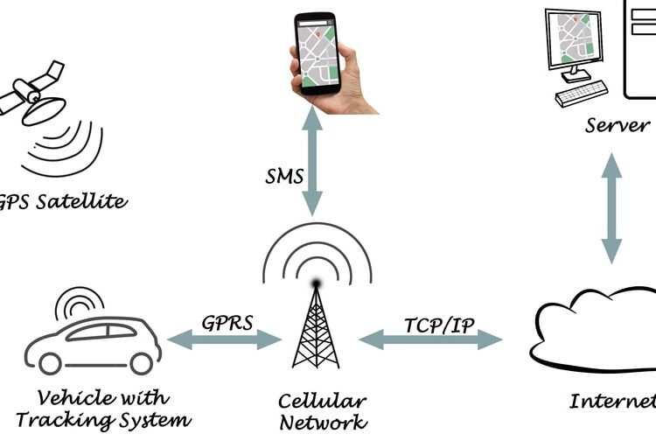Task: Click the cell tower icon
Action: coord(315,324)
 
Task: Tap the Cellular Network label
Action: coord(321,412)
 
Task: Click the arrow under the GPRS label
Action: coord(225,339)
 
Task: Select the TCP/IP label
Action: coord(439,325)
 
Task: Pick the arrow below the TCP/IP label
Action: coord(430,339)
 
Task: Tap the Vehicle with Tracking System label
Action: coord(103,409)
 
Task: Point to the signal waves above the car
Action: coord(79,303)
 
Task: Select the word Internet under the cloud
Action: coord(612,402)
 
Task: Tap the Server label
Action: coord(618,125)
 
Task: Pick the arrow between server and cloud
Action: coord(611,207)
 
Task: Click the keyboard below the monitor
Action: coord(582,93)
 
